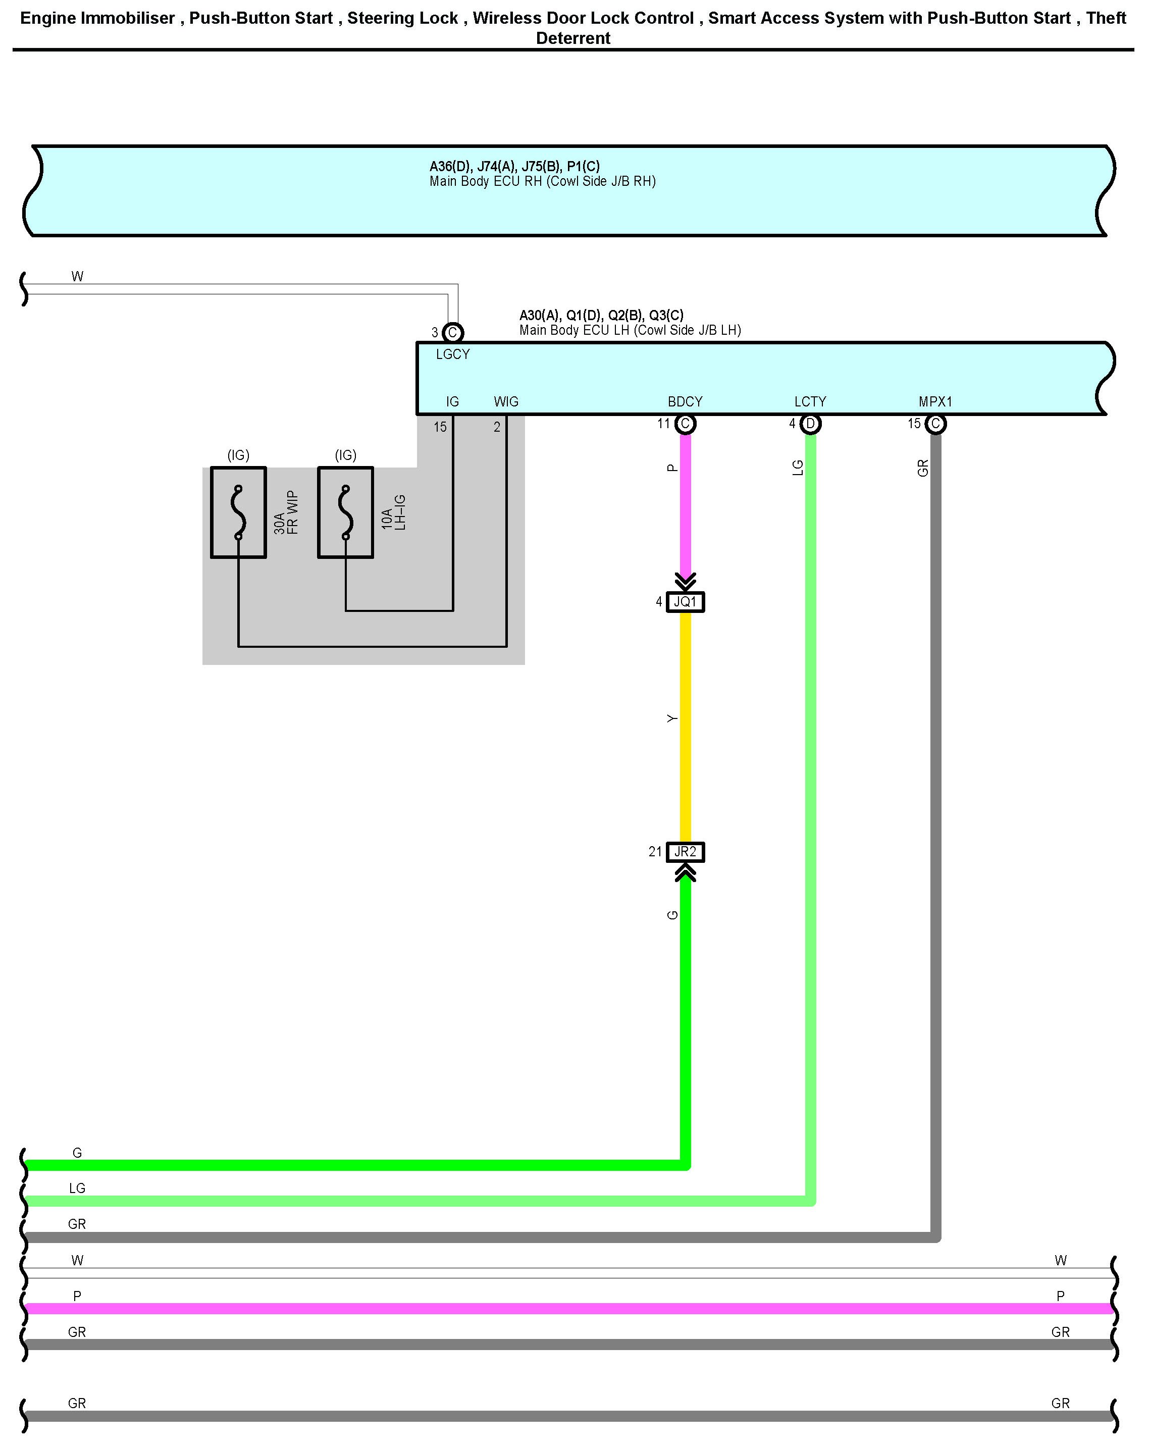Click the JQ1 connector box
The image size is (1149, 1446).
(x=685, y=602)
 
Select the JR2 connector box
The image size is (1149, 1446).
(x=685, y=852)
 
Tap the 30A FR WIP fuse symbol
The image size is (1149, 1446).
(x=238, y=512)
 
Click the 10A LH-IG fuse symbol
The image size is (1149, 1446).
(x=345, y=512)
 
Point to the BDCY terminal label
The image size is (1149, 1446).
(x=685, y=402)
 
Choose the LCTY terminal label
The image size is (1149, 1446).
(x=810, y=402)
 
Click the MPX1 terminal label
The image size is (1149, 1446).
(x=935, y=402)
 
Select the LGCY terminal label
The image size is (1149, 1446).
(x=453, y=354)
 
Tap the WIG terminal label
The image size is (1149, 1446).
(x=506, y=402)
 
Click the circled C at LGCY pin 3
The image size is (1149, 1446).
(x=453, y=332)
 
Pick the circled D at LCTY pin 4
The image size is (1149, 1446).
(x=810, y=424)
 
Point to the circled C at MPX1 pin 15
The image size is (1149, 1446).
(x=935, y=424)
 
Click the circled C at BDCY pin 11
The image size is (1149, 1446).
(x=685, y=424)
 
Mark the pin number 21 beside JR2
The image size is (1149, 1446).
(x=655, y=852)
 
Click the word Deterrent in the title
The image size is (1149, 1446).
(x=573, y=38)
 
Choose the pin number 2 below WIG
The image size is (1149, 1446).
(x=497, y=427)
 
